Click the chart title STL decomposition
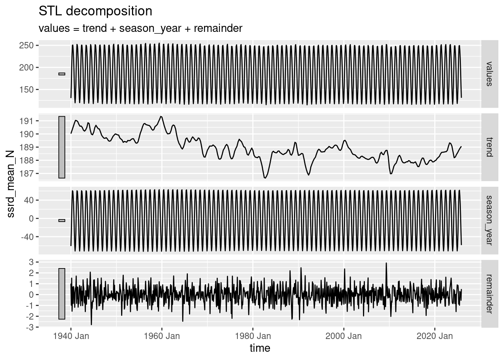point(95,11)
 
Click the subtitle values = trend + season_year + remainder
point(140,28)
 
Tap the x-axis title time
point(260,348)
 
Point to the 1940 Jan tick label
point(71,336)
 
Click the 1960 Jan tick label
point(162,336)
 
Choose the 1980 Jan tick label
point(253,336)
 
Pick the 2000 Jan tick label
point(343,336)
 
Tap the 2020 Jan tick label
point(435,336)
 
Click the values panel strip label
point(488,74)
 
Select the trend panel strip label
point(488,147)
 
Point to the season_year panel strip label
point(488,220)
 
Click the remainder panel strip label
point(488,293)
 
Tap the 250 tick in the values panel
point(29,45)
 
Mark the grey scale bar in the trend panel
point(62,147)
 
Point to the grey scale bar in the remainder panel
point(62,294)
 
